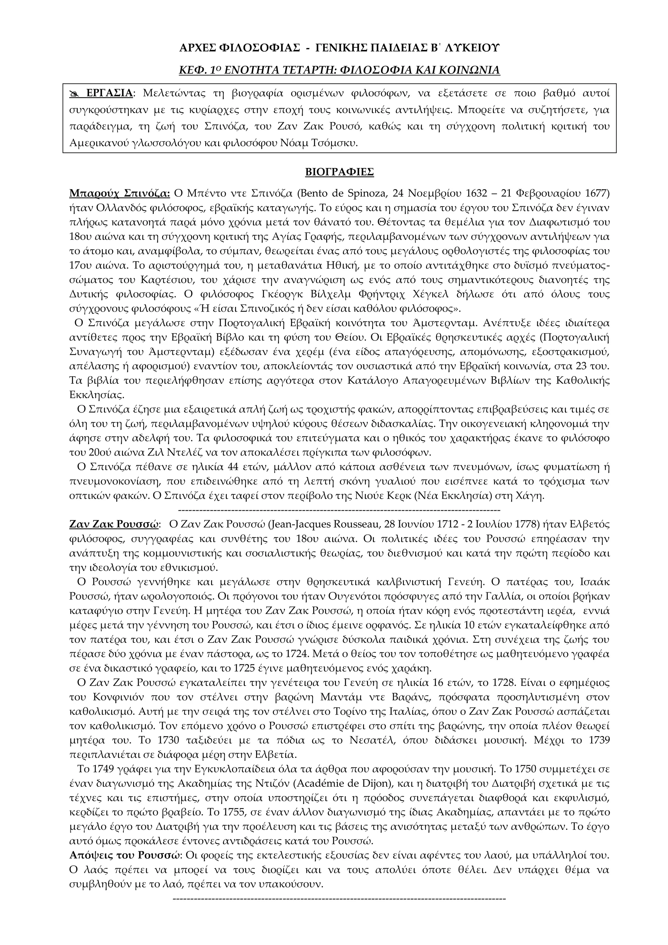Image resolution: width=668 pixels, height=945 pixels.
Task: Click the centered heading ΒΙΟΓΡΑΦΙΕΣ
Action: click(x=339, y=172)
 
